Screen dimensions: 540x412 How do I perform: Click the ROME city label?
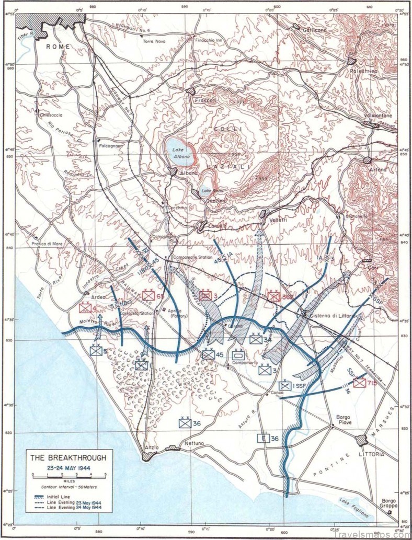tap(58, 47)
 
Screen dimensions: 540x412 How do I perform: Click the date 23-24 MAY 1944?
tap(68, 466)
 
